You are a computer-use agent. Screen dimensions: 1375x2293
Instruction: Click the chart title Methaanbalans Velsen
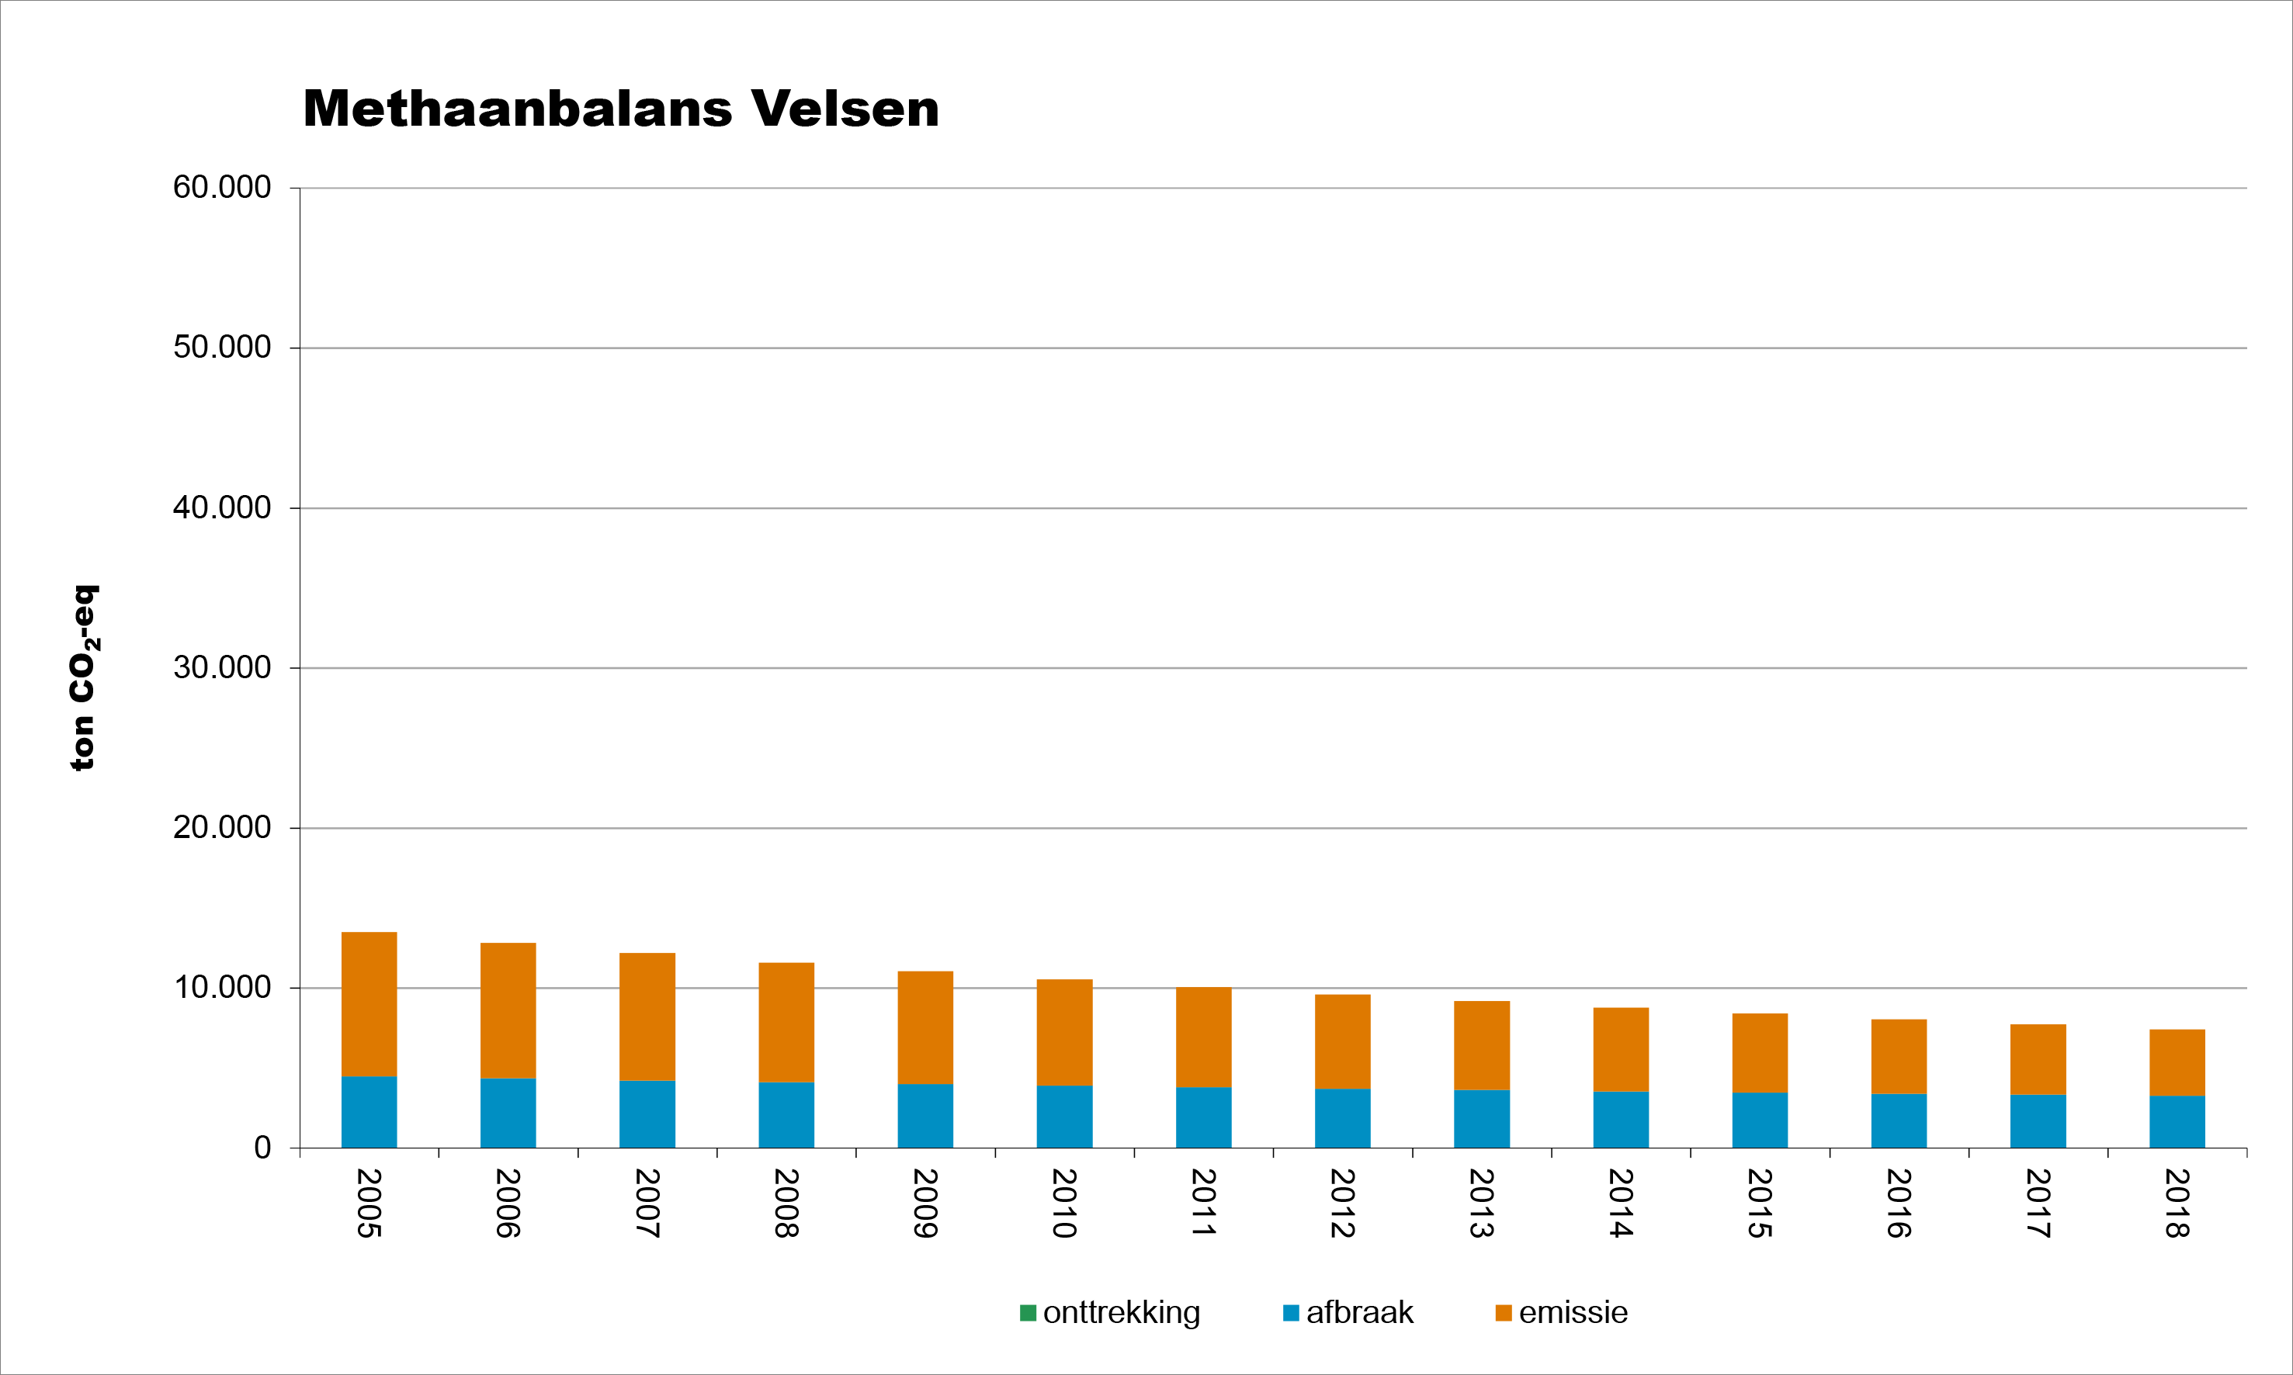point(621,109)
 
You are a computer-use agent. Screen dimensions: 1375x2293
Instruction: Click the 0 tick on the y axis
point(262,1148)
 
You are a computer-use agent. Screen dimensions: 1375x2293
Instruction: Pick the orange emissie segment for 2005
point(369,1003)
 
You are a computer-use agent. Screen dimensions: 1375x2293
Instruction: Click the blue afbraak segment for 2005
point(369,1112)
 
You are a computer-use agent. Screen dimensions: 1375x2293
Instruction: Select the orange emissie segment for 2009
point(925,1027)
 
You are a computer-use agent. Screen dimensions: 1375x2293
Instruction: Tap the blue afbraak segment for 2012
point(1342,1118)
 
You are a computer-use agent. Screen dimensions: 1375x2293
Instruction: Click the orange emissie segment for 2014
point(1621,1049)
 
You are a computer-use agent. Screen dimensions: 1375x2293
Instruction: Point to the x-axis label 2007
point(647,1203)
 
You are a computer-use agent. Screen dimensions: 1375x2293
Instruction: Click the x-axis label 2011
point(1203,1203)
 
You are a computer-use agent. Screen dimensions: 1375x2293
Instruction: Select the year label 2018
point(2177,1203)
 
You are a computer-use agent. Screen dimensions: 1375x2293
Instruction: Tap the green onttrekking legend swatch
point(1028,1313)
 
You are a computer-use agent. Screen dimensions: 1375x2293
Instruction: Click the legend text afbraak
point(1360,1313)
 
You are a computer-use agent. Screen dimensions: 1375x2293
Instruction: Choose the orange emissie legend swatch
point(1504,1313)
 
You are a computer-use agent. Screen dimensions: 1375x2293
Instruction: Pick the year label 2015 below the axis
point(1760,1203)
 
